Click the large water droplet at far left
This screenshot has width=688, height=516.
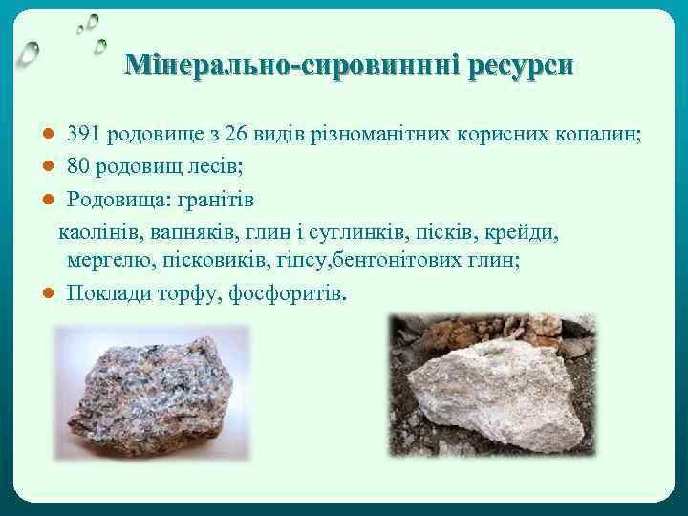coord(31,53)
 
